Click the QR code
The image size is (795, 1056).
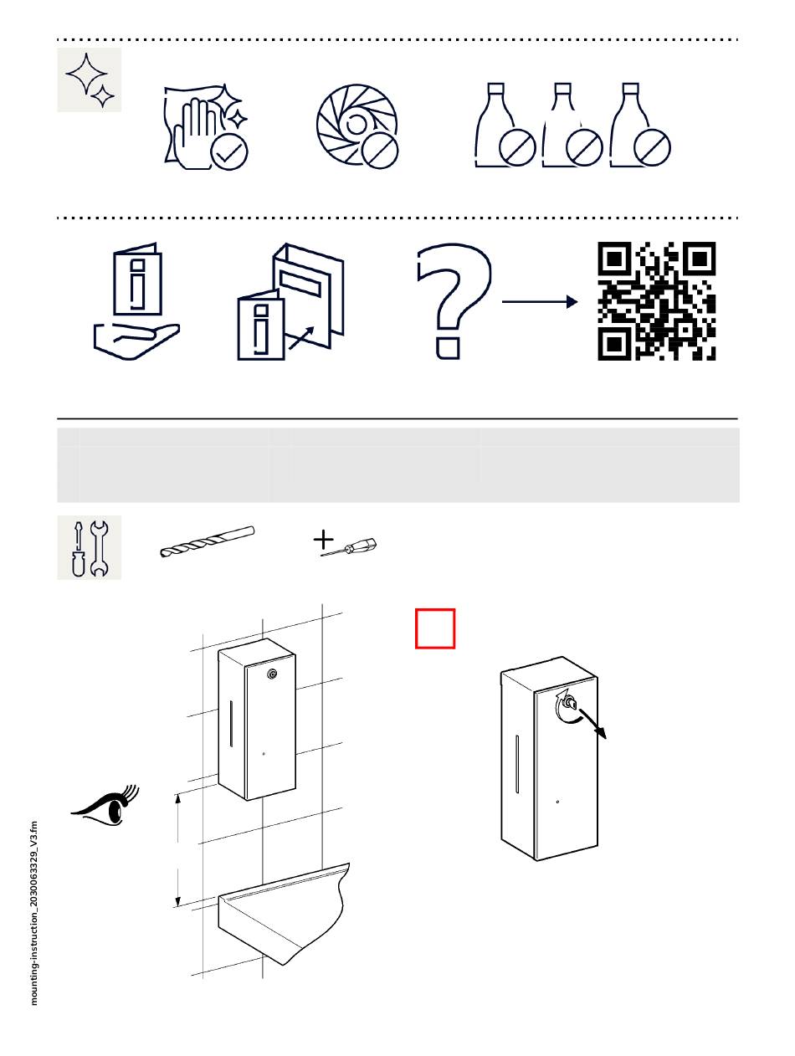[x=656, y=300]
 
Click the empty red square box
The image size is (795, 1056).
[x=435, y=628]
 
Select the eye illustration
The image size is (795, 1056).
[x=105, y=807]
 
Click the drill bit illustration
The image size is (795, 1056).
[x=207, y=541]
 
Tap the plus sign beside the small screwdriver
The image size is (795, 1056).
[x=323, y=540]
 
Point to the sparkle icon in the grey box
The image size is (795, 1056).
[x=90, y=79]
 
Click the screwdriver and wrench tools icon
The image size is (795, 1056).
[x=90, y=547]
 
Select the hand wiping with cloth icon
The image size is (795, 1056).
[x=206, y=127]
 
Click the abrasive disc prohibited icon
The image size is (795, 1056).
[x=356, y=125]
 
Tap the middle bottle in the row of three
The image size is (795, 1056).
[x=572, y=125]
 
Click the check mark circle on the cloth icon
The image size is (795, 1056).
[x=229, y=152]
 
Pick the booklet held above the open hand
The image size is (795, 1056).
[x=137, y=279]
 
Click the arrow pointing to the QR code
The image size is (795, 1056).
[x=539, y=301]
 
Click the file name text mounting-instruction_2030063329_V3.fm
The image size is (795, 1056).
[x=33, y=913]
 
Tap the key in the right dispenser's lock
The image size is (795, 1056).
[x=571, y=704]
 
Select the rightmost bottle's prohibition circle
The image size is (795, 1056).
[x=652, y=147]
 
